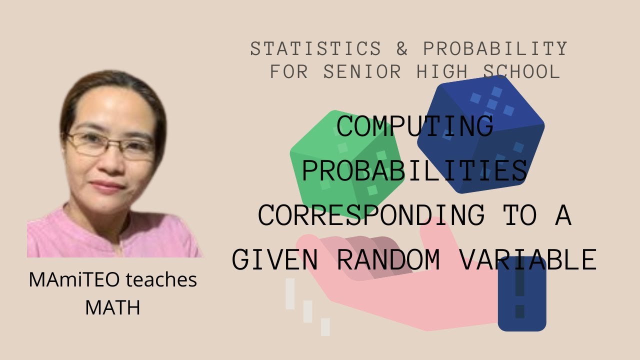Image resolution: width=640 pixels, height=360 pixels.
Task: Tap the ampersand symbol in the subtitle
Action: (401, 49)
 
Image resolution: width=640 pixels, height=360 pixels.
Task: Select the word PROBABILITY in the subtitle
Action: (495, 49)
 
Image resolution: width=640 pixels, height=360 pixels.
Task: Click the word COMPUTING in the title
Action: (414, 126)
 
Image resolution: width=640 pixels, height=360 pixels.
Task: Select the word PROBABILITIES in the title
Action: (414, 170)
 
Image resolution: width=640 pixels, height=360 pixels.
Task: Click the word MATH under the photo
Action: (112, 307)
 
